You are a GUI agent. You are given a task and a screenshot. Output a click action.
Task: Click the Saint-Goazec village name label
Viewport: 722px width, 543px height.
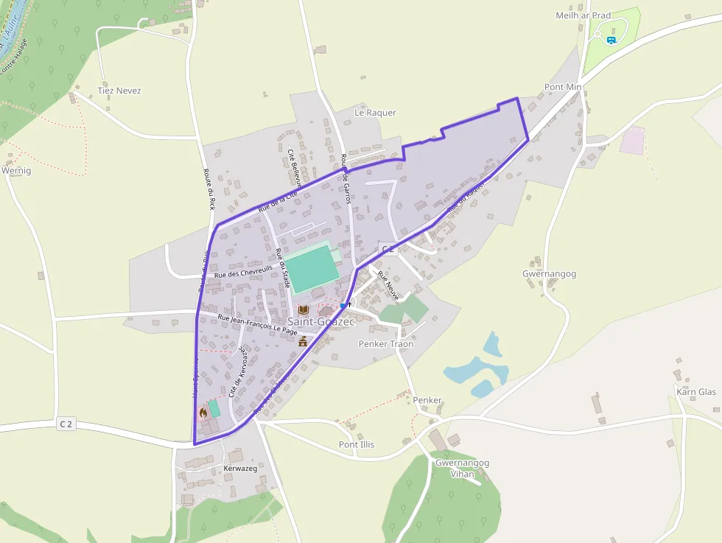[x=321, y=322]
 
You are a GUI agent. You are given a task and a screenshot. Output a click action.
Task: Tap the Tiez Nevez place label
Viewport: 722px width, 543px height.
[x=119, y=91]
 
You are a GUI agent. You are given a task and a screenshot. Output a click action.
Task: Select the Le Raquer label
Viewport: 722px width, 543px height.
[x=375, y=113]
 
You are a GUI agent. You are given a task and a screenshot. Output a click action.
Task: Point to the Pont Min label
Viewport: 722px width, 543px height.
[x=563, y=87]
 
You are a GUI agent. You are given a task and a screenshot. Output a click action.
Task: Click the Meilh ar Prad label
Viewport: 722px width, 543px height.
[x=583, y=15]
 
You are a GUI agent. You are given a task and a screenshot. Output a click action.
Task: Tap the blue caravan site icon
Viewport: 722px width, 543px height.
[x=611, y=39]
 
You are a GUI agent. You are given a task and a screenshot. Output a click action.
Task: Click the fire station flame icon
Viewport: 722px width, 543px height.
[x=203, y=413]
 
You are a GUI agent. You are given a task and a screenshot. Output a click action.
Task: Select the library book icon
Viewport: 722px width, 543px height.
[x=303, y=309]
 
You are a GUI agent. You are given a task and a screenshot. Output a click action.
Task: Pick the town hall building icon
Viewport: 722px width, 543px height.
[x=303, y=341]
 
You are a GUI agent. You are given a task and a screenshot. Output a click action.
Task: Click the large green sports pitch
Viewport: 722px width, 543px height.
[x=312, y=268]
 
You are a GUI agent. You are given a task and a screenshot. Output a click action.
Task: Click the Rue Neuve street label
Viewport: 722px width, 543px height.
[x=388, y=286]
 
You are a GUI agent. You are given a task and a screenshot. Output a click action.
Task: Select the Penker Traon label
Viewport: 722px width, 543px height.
[x=385, y=344]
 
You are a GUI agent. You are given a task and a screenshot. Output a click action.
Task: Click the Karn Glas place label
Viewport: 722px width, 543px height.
[x=695, y=392]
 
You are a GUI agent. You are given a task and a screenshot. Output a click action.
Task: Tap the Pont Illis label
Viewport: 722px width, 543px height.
[x=357, y=444]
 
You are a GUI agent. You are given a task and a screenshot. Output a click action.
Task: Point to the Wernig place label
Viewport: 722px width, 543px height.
[x=17, y=171]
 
